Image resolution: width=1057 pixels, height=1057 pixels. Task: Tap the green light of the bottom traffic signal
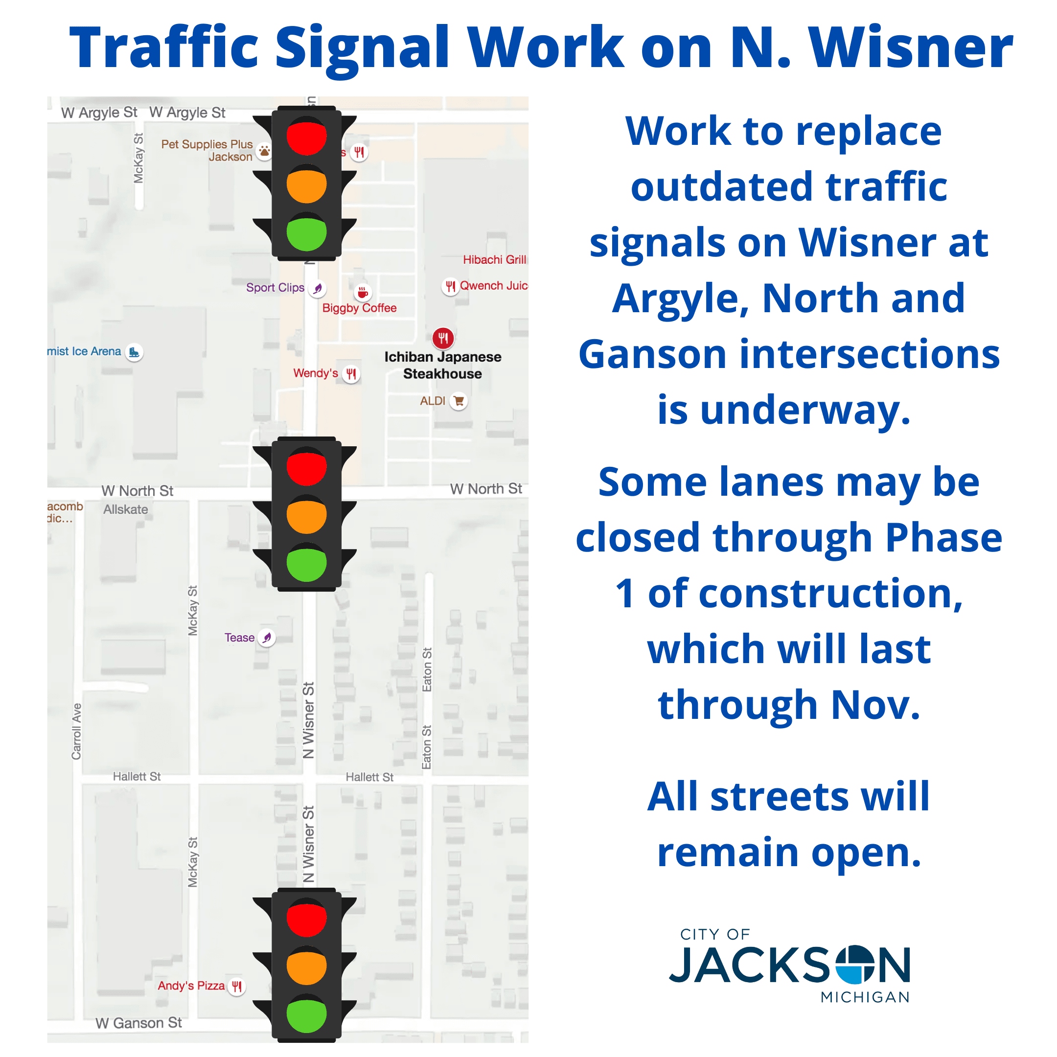306,1013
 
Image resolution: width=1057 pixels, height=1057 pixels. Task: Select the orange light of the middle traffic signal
306,515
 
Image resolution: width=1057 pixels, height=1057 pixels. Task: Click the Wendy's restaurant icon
351,374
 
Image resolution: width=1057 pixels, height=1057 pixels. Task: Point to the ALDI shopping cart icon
459,401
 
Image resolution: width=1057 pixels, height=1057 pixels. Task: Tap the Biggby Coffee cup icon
362,293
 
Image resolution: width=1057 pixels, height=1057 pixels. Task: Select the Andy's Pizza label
191,986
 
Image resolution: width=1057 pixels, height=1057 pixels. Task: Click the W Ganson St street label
138,1023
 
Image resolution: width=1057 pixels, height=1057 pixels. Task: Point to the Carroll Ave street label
77,731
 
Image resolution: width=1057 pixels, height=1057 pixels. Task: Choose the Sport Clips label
275,288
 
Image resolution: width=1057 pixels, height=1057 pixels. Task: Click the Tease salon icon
266,637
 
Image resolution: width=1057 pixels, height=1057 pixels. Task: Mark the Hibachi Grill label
494,259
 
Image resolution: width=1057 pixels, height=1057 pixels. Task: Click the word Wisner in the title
910,48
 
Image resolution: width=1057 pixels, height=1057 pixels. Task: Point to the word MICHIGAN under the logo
865,997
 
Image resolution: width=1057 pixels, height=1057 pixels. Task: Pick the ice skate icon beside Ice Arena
134,352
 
